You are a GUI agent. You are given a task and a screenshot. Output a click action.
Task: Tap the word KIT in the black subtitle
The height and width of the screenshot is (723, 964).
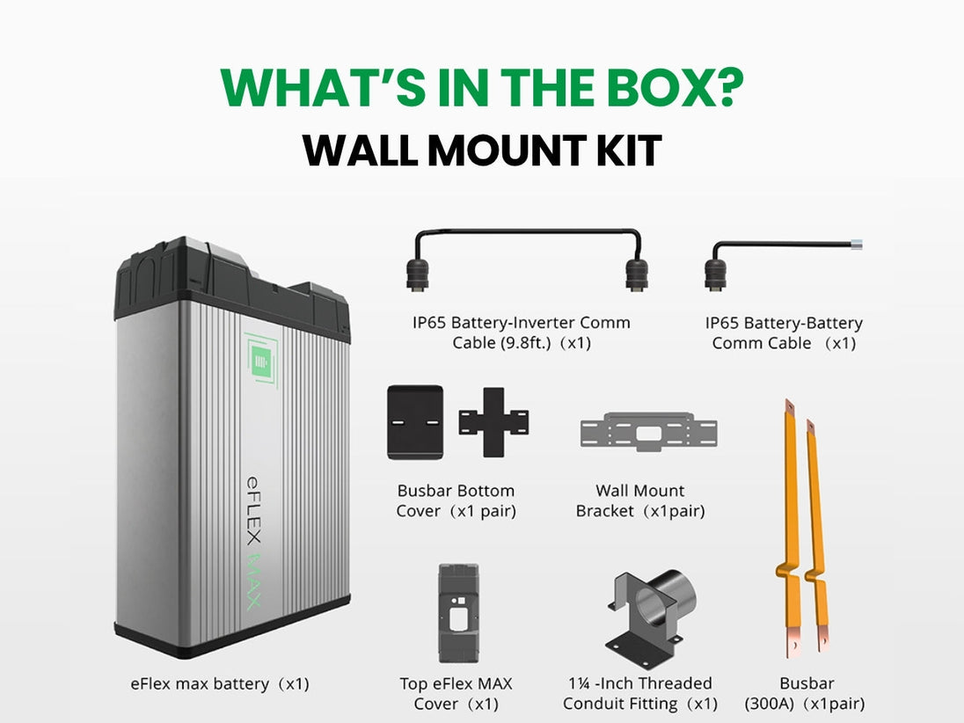click(x=629, y=150)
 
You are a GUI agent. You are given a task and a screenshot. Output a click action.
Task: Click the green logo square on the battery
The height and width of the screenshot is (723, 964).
click(x=260, y=360)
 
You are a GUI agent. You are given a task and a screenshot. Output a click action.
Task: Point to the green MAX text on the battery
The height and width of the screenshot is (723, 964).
click(x=254, y=581)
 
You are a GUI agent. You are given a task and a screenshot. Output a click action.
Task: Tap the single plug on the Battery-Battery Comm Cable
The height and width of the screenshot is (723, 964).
click(x=716, y=274)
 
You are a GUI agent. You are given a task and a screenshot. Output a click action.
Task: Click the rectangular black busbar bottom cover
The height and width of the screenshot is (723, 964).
click(x=415, y=422)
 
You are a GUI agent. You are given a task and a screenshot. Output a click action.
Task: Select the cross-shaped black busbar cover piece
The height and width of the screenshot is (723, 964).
click(x=493, y=422)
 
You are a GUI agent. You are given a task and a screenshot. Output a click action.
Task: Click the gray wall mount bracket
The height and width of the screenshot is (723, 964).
click(x=648, y=432)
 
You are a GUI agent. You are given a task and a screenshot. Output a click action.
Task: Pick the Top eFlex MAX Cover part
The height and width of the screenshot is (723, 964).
click(x=458, y=613)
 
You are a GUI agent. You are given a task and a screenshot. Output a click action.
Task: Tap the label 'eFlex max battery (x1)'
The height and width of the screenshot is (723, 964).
click(x=220, y=683)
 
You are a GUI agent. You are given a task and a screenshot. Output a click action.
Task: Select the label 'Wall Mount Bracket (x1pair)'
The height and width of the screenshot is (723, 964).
click(x=640, y=500)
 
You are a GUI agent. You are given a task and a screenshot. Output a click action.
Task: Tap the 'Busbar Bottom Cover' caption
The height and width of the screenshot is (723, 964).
click(x=456, y=500)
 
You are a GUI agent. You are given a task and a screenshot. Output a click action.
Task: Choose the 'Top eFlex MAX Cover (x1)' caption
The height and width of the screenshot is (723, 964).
click(x=456, y=693)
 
